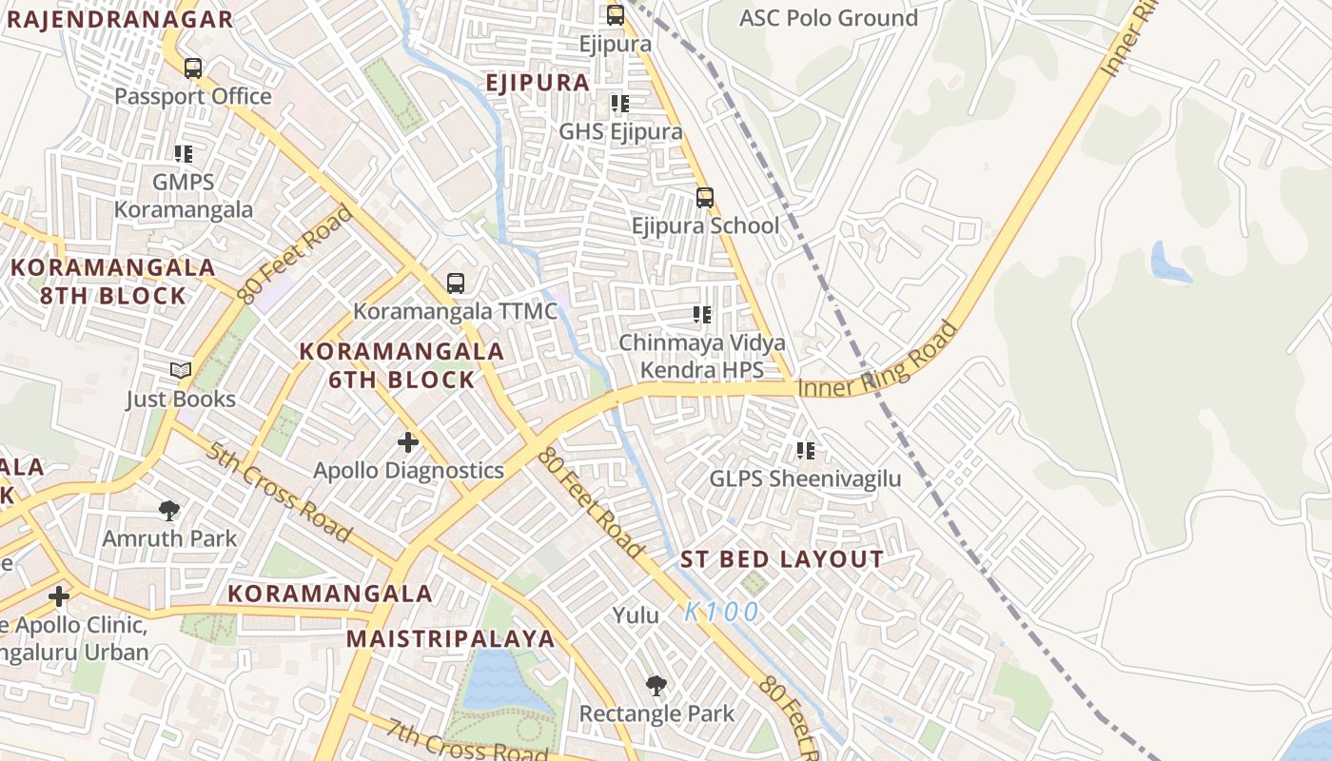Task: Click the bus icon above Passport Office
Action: [193, 68]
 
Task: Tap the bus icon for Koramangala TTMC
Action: [456, 283]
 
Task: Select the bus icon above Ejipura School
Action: [704, 198]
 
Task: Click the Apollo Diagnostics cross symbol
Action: [408, 442]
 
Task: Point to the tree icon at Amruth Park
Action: [169, 511]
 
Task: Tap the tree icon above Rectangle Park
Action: [656, 686]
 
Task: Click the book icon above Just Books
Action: [180, 371]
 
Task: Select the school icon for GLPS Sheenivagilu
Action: [806, 451]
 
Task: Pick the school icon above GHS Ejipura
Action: [620, 103]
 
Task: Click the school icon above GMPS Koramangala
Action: [184, 153]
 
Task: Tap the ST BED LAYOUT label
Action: [781, 559]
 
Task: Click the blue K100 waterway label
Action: [721, 612]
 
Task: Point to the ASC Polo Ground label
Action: [828, 18]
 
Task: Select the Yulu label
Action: [636, 615]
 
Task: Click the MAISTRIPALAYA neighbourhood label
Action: [450, 638]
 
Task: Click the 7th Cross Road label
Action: [454, 740]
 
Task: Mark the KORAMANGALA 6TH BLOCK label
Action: [401, 365]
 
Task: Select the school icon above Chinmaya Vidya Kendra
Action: [702, 315]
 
